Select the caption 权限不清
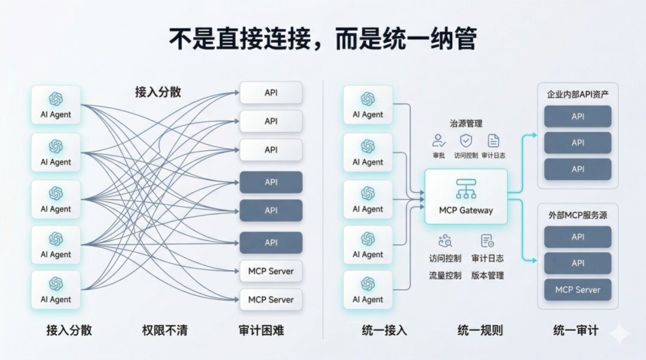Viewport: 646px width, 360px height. [164, 330]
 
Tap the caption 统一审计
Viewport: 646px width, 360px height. [575, 330]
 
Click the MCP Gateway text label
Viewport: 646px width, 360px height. [466, 210]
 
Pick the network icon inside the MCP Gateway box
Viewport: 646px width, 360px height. [466, 189]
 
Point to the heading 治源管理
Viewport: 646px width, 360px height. [466, 123]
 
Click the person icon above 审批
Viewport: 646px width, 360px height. [439, 141]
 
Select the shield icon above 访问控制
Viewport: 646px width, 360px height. [466, 141]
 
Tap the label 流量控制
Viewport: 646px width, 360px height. [445, 276]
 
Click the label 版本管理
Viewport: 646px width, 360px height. [487, 276]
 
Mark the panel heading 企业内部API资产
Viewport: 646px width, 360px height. [577, 94]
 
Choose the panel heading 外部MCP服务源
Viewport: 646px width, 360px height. [577, 215]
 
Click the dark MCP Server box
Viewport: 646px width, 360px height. [577, 290]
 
